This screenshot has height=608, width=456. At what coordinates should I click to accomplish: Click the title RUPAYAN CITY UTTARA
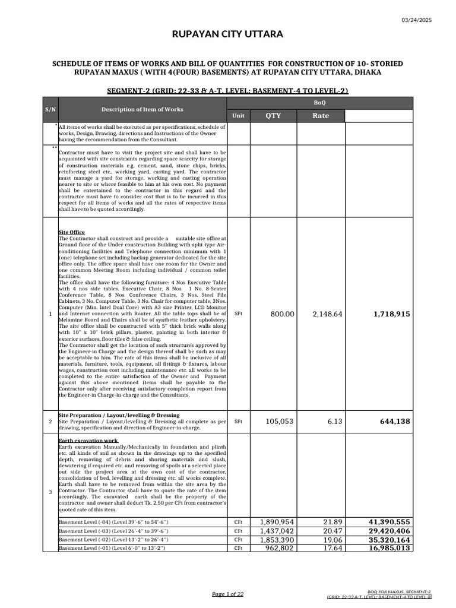(227, 34)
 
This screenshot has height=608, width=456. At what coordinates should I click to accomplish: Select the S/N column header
(50, 109)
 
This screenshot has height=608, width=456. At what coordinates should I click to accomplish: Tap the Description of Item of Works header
(142, 109)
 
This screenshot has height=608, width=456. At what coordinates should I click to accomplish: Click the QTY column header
(273, 116)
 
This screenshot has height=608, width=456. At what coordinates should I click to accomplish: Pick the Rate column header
(321, 116)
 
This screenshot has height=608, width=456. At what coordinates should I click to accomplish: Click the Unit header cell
(238, 116)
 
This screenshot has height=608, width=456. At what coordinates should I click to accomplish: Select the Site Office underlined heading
(72, 232)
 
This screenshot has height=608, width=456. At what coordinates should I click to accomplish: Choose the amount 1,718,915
(391, 313)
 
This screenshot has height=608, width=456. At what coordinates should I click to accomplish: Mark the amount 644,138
(395, 422)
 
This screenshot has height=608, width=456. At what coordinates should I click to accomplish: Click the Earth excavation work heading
(88, 441)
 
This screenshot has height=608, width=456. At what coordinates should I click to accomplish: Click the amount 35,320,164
(389, 540)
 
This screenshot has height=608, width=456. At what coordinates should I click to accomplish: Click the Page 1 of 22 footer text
(227, 594)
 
